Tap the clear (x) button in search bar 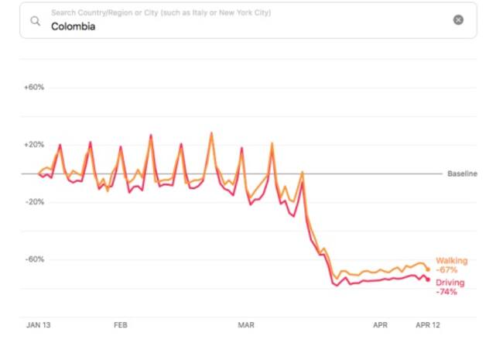(x=458, y=20)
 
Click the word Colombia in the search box (x=73, y=26)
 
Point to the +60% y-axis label (x=33, y=87)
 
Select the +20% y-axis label (x=33, y=145)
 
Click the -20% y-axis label (x=33, y=202)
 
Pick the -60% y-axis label (x=33, y=259)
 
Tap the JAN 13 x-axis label (x=39, y=326)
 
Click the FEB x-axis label (x=121, y=326)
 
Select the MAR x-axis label (x=246, y=326)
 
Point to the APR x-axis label (x=380, y=326)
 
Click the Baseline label (x=462, y=173)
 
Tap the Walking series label (x=451, y=261)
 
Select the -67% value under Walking (x=447, y=270)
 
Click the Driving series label (x=450, y=283)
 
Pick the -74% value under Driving (x=447, y=293)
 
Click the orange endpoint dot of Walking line (x=427, y=269)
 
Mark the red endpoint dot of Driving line (x=427, y=279)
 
